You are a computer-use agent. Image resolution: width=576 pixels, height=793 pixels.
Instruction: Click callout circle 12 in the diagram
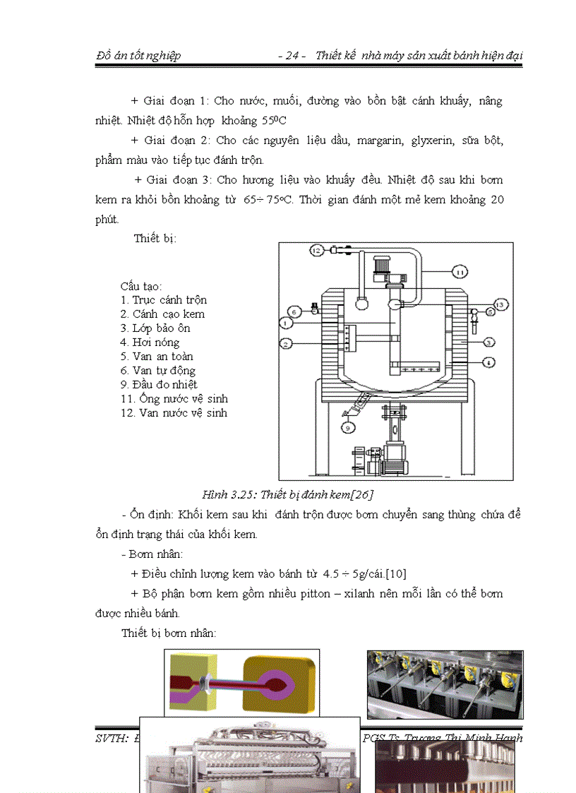coord(316,250)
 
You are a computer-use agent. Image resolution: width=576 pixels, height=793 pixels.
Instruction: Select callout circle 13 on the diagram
coord(500,304)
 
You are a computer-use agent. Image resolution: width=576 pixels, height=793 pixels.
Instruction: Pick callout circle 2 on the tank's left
coord(286,344)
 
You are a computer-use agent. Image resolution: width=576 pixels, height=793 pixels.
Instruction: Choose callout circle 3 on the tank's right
coord(488,342)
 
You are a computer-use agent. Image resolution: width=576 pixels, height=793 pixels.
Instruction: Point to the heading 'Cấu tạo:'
coord(141,286)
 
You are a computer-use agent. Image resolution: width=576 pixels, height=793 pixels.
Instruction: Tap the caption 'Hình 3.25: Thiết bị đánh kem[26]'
coord(288,494)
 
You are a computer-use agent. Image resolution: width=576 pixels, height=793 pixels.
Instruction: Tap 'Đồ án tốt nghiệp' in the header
coord(138,55)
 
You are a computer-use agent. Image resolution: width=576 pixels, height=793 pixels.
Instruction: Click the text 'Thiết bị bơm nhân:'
coord(168,633)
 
